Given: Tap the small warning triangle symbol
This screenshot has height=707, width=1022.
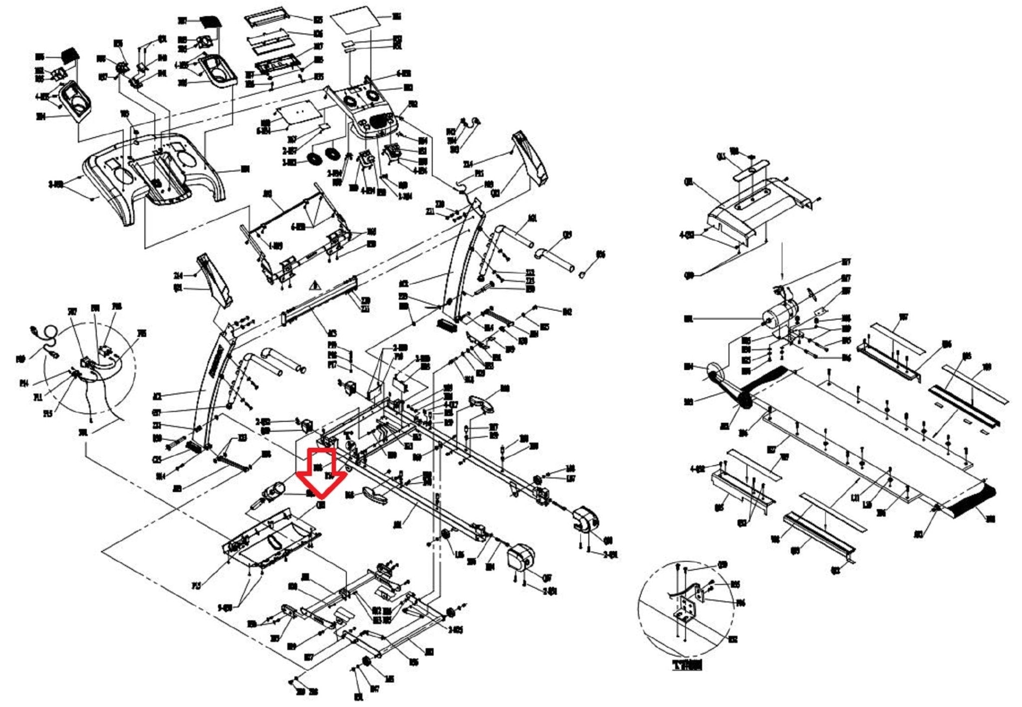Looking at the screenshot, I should tap(314, 286).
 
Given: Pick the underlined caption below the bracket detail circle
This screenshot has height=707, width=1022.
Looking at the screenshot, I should tap(687, 665).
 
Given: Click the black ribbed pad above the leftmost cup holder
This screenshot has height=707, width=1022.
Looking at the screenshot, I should tap(70, 53).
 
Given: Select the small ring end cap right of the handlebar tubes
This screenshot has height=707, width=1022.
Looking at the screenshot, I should tap(583, 274).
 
